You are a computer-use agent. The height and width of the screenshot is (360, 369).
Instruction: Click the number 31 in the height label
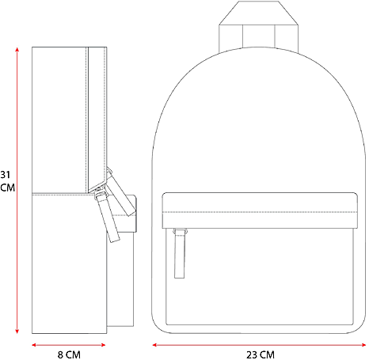[x=6, y=175]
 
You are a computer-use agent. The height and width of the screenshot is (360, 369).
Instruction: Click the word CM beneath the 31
[x=6, y=188]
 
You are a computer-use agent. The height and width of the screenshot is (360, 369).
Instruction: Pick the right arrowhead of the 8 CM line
[x=105, y=344]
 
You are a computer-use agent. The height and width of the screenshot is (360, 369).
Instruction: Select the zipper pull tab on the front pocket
[x=180, y=253]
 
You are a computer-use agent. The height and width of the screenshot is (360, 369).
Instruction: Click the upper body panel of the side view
[x=67, y=119]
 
